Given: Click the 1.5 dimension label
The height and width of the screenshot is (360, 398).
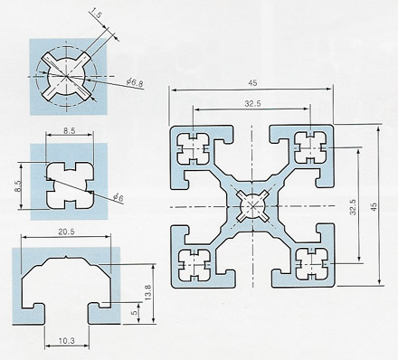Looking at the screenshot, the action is click(95, 14).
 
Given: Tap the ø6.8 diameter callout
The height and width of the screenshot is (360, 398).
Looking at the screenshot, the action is click(135, 82).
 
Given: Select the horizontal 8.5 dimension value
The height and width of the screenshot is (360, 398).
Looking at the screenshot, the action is click(69, 130).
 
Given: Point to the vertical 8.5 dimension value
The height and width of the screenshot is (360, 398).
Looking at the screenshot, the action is click(17, 185).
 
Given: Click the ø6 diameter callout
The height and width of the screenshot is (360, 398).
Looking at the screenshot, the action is click(118, 197).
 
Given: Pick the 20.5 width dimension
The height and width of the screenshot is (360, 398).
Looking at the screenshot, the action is click(66, 232).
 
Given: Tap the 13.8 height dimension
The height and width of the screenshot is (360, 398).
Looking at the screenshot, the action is click(147, 292).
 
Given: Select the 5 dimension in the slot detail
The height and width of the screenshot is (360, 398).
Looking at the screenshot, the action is click(135, 311).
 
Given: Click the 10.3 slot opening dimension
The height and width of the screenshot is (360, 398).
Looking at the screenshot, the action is click(66, 341).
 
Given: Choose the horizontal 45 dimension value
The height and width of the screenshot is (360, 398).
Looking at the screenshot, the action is click(252, 82).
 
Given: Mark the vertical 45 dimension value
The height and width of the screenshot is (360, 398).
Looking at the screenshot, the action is click(374, 207).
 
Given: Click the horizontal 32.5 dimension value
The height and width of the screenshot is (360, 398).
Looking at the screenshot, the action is click(252, 104).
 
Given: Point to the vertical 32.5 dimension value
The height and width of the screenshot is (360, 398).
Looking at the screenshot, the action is click(353, 207).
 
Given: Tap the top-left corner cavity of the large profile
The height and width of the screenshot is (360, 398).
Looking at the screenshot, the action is click(193, 148).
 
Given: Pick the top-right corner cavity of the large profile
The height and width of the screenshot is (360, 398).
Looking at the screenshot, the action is click(310, 147).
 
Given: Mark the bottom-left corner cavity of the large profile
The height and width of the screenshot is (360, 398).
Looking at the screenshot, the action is click(194, 265).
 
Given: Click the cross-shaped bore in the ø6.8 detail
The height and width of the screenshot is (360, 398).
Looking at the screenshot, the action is click(66, 76).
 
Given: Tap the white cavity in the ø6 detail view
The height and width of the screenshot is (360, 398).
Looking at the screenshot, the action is click(70, 185).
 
